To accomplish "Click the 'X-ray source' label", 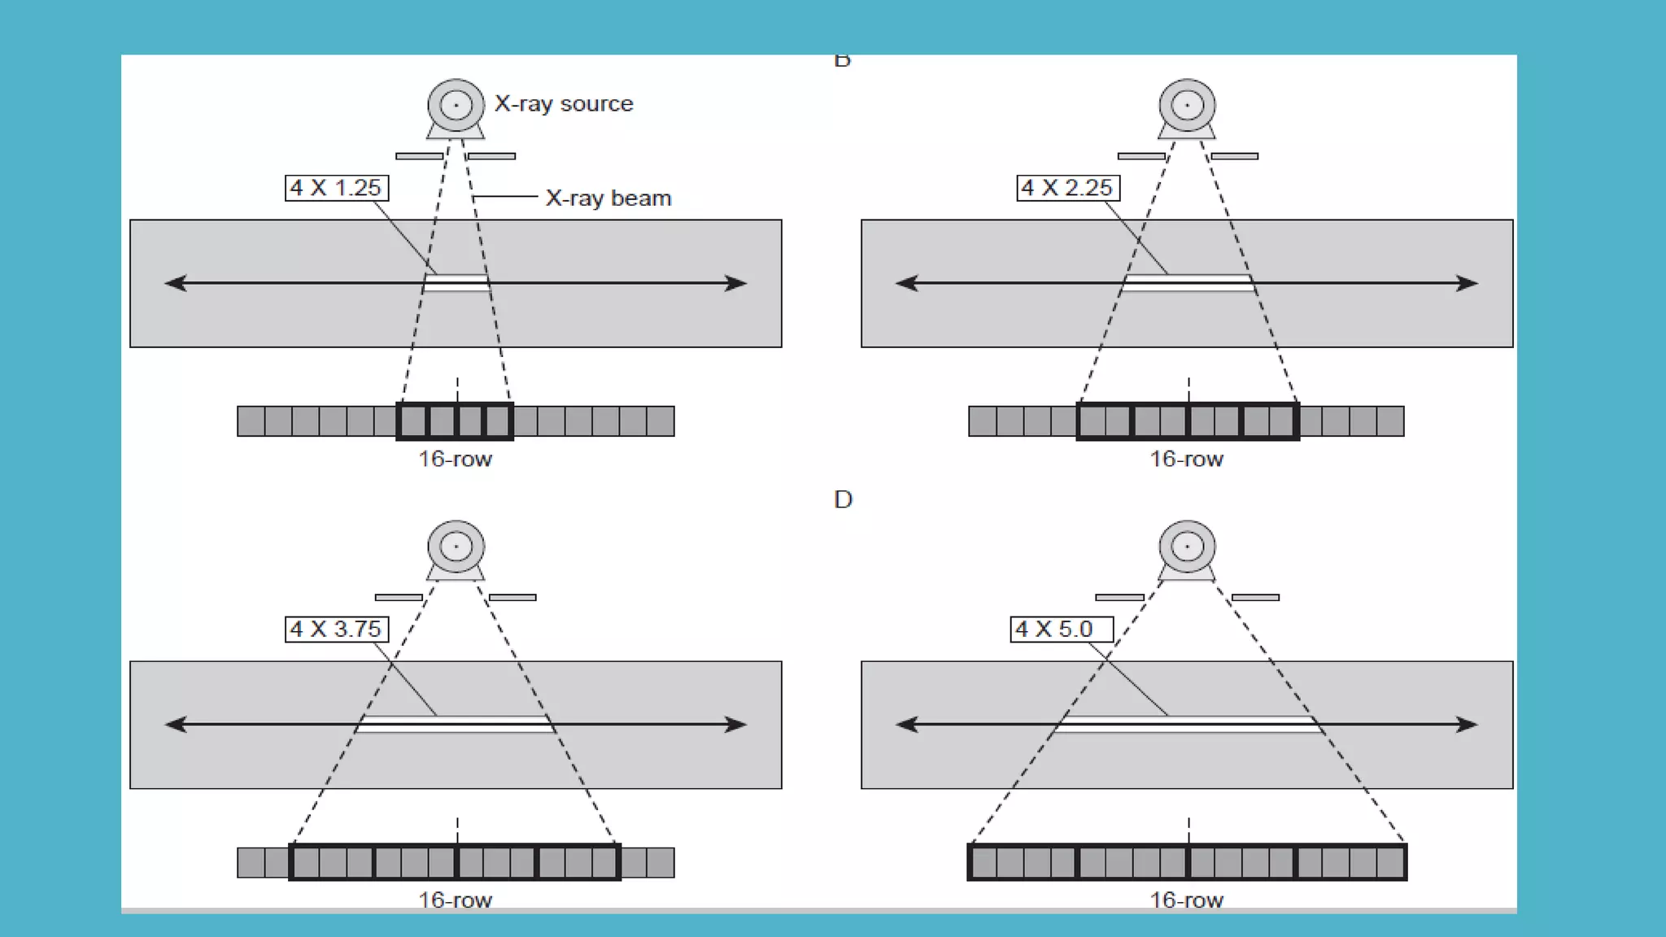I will click(564, 104).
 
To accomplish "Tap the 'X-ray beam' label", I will click(608, 198).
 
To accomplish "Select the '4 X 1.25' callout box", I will click(337, 188).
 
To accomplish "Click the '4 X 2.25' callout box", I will click(1068, 188).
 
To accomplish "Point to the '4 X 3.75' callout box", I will click(337, 630).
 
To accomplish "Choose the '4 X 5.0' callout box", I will click(1062, 630).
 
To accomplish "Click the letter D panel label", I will click(843, 499).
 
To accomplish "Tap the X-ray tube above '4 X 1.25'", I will click(456, 106).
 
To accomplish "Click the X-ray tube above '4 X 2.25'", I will click(1187, 106).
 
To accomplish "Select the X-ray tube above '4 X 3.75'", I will click(456, 547).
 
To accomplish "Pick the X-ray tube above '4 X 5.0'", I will click(1187, 547).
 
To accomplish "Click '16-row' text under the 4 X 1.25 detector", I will click(456, 460).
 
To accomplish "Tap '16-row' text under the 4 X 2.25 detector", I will click(1186, 460).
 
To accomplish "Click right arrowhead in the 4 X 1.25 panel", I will click(737, 283).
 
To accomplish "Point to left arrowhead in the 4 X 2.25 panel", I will click(905, 283).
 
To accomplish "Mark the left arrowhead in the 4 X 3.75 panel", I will click(175, 725).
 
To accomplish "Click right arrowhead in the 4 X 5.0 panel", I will click(1468, 725).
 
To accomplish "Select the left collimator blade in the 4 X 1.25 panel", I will click(420, 156).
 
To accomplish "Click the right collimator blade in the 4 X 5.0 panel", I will click(1255, 598).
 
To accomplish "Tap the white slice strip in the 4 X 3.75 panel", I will click(456, 724).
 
